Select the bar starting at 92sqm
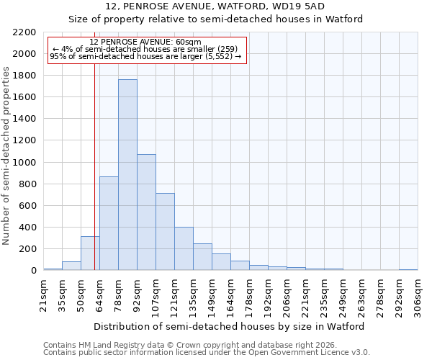pyautogui.click(x=146, y=212)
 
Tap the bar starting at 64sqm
pyautogui.click(x=109, y=223)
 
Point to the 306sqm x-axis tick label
pyautogui.click(x=418, y=295)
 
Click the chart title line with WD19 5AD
pyautogui.click(x=215, y=6)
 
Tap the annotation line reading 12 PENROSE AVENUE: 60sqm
pyautogui.click(x=147, y=42)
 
